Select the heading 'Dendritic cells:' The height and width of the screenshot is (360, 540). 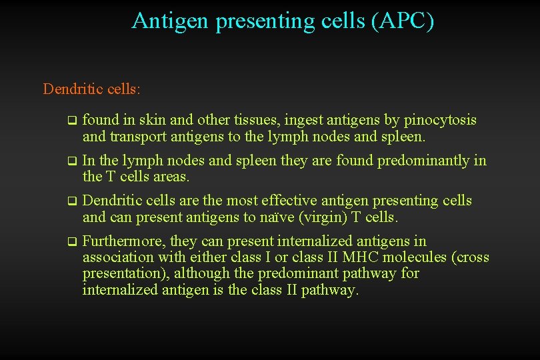(x=91, y=89)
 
